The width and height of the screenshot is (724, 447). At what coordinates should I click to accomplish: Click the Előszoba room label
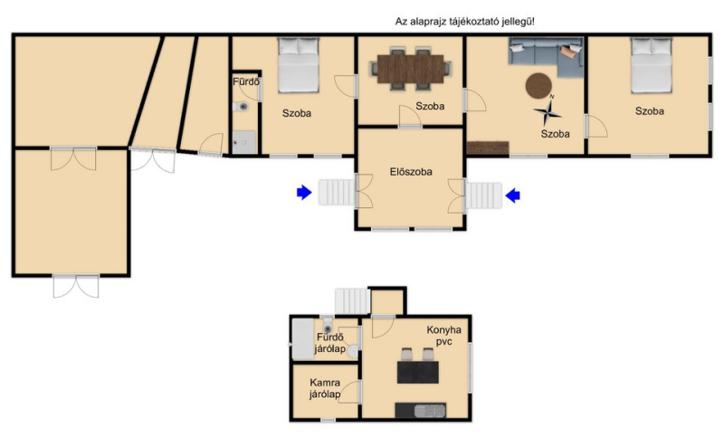(411, 172)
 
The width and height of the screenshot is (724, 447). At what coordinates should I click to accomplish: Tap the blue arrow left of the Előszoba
(304, 193)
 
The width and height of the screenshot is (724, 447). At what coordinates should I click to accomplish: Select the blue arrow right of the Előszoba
(513, 195)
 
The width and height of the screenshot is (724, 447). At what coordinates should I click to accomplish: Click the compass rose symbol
(548, 110)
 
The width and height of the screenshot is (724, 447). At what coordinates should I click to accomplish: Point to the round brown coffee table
(538, 85)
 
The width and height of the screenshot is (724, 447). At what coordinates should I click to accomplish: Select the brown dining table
(411, 69)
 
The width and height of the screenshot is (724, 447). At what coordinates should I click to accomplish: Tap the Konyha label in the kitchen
(443, 329)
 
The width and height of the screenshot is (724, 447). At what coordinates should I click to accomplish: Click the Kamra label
(325, 383)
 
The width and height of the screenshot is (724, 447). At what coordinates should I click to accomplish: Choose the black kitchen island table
(418, 372)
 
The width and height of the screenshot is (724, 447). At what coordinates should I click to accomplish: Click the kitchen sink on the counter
(430, 410)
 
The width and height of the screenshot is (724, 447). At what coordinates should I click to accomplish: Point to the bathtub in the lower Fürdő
(303, 339)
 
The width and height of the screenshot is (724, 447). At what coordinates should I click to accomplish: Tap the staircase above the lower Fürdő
(353, 301)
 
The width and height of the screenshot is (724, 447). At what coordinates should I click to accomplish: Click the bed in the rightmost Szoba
(652, 65)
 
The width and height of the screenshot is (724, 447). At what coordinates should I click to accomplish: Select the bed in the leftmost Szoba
(299, 64)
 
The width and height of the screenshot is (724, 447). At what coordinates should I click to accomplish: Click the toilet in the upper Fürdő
(241, 107)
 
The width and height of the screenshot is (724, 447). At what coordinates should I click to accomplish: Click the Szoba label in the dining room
(430, 106)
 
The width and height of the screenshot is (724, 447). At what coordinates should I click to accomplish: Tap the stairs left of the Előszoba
(337, 193)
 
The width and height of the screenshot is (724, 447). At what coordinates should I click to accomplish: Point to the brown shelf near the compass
(488, 147)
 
